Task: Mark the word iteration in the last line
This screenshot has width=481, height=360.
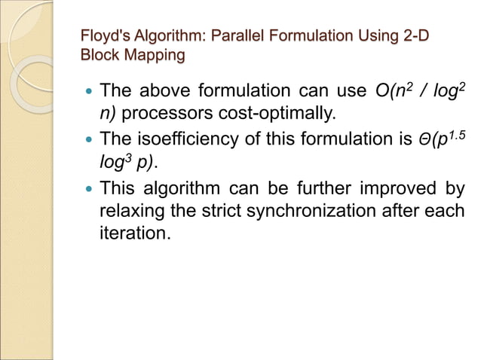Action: [132, 233]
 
